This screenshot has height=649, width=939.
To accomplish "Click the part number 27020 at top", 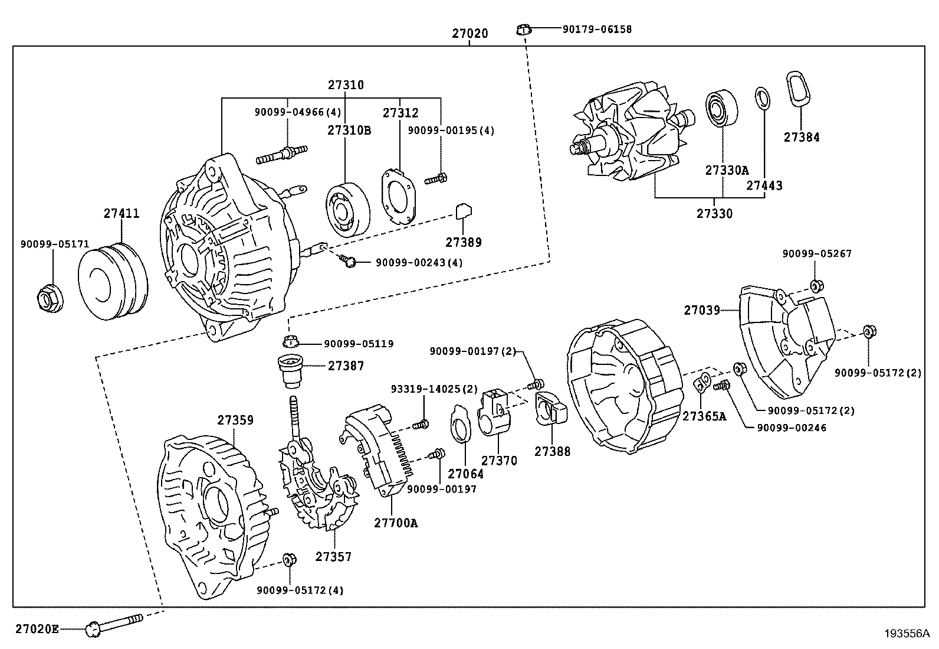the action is [x=470, y=34].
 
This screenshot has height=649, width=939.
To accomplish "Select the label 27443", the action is [x=764, y=185].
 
